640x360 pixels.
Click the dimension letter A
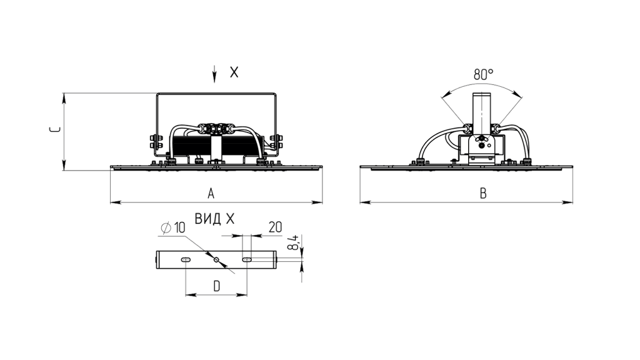pos(211,193)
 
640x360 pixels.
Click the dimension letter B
pos(483,193)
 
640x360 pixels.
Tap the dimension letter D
pos(217,286)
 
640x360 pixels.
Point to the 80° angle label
pos(483,74)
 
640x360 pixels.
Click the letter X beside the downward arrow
pos(234,72)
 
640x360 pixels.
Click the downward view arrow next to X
pos(215,74)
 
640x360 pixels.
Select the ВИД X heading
pos(215,219)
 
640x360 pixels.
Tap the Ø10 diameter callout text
pos(173,227)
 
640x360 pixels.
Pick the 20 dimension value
pos(276,227)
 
